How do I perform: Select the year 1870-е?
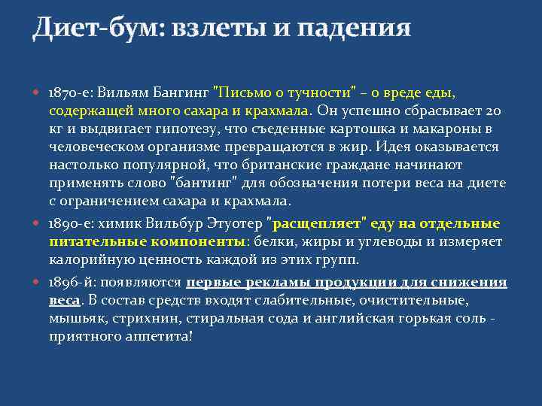click(69, 92)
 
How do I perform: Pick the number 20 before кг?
click(492, 111)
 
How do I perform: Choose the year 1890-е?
click(69, 223)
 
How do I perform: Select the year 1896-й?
click(69, 283)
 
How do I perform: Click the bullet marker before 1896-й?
click(38, 283)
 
